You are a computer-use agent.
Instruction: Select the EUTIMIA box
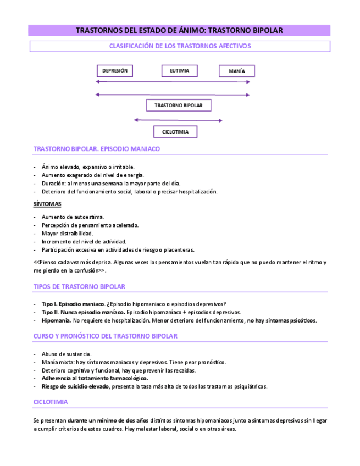click(179, 71)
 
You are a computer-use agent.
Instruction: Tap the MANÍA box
click(236, 71)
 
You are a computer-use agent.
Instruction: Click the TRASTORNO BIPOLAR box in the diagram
click(178, 105)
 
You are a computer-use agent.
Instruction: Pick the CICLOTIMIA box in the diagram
click(175, 132)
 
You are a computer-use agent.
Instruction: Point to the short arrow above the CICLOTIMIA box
click(178, 120)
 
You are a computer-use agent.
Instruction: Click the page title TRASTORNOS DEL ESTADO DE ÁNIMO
click(179, 30)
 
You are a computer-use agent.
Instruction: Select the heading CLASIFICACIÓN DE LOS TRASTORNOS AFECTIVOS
click(180, 46)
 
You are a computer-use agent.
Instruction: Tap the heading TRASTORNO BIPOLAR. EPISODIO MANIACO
click(97, 149)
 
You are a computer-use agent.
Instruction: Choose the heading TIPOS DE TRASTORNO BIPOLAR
click(79, 286)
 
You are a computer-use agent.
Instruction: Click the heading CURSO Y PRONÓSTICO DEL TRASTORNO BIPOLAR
click(105, 336)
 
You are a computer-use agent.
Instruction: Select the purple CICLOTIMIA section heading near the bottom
click(51, 402)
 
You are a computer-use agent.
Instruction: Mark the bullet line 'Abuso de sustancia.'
click(67, 354)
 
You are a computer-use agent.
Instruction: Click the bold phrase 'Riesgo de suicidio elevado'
click(76, 386)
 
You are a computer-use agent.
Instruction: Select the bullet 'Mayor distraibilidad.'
click(68, 233)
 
